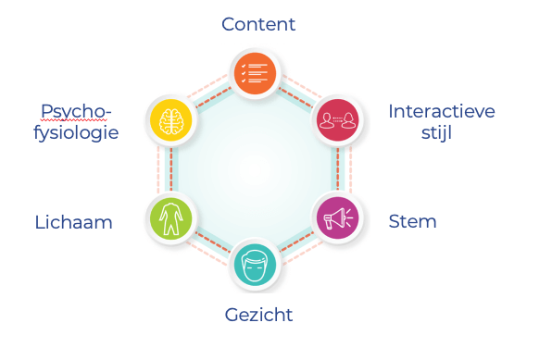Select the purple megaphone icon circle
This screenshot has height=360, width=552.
(x=336, y=218)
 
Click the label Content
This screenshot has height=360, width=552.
(x=258, y=24)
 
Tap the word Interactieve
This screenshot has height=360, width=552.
(x=442, y=111)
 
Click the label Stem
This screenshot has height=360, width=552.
(x=412, y=221)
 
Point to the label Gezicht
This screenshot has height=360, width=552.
(x=258, y=315)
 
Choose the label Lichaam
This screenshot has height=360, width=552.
(x=73, y=222)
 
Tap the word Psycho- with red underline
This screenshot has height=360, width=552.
(x=75, y=112)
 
